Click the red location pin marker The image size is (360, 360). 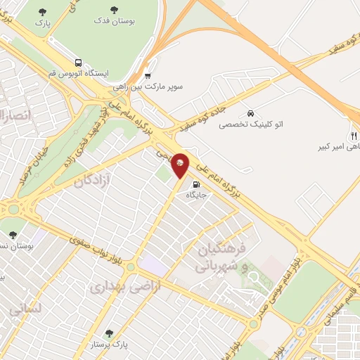(180, 165)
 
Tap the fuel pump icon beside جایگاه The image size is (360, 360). (195, 186)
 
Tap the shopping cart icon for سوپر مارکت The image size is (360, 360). (148, 76)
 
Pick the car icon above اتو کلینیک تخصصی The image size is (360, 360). (250, 114)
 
